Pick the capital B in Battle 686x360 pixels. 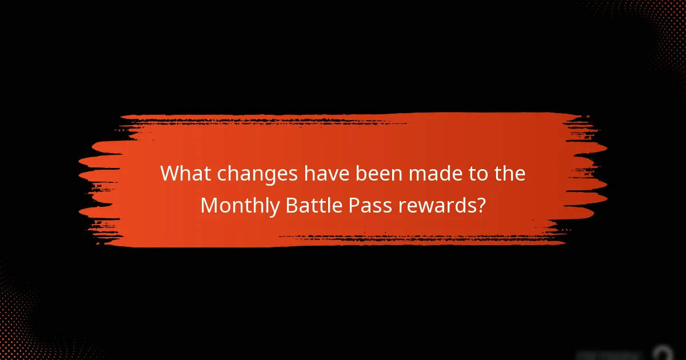coord(291,205)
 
